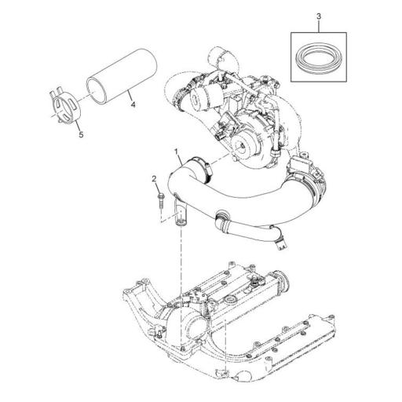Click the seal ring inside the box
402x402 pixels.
click(318, 58)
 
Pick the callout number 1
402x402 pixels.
click(177, 150)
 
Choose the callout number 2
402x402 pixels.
click(154, 180)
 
